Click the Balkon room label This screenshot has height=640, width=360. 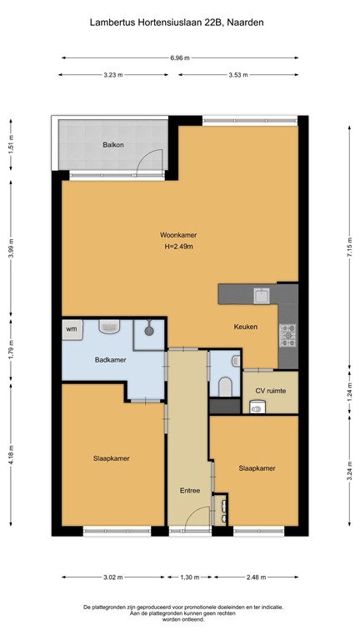(113, 144)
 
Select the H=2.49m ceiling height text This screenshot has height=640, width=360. (179, 247)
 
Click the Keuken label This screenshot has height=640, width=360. (245, 327)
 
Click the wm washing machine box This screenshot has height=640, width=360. (71, 329)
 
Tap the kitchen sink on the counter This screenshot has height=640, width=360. (261, 295)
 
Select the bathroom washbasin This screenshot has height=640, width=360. (110, 327)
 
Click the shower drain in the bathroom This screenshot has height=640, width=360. (148, 330)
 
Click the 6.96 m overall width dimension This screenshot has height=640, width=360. (179, 58)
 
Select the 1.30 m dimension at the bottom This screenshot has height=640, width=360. (190, 577)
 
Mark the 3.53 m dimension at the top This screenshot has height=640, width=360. (239, 75)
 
